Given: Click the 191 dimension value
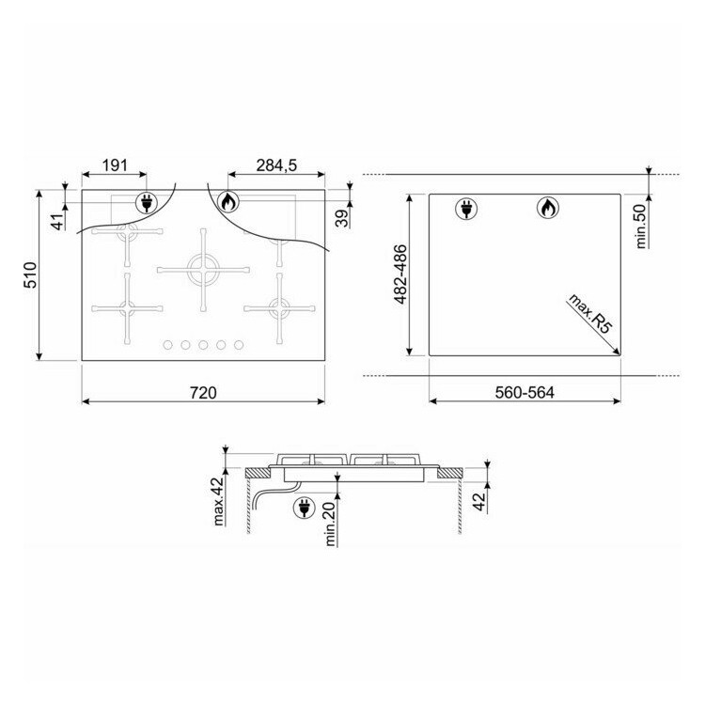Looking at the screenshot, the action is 115,165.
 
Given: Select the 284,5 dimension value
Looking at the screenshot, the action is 276,165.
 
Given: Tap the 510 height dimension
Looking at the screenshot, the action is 31,274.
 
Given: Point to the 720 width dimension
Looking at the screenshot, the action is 203,393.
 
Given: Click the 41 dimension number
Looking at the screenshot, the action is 58,222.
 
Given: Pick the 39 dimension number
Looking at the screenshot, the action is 342,218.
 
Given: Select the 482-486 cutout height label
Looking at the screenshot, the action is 399,274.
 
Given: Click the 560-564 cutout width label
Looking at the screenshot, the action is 525,393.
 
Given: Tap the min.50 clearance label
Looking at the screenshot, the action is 640,226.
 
